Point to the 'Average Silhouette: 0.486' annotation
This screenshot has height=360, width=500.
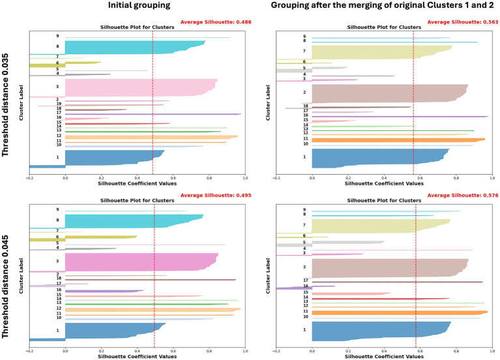pyautogui.click(x=214, y=22)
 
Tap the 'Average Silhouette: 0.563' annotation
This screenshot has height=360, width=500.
pyautogui.click(x=462, y=22)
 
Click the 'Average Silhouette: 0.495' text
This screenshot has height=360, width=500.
pyautogui.click(x=214, y=196)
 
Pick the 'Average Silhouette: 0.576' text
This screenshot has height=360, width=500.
pyautogui.click(x=462, y=196)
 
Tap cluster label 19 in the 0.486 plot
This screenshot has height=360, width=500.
pyautogui.click(x=58, y=104)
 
